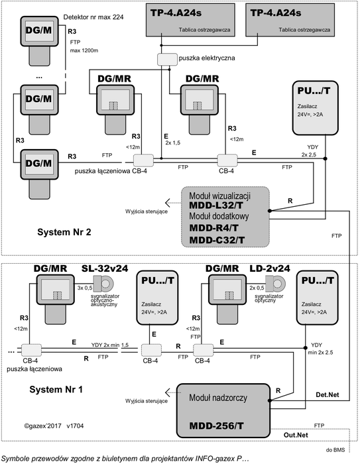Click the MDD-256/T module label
pyautogui.click(x=216, y=426)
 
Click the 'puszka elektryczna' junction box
pyautogui.click(x=167, y=59)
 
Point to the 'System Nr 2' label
pyautogui.click(x=64, y=232)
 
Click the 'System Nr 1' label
pyautogui.click(x=56, y=390)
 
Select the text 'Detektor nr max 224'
pyautogui.click(x=93, y=17)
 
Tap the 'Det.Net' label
pyautogui.click(x=327, y=395)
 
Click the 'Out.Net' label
pyautogui.click(x=296, y=435)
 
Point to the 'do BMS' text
pyautogui.click(x=335, y=450)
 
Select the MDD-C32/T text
pyautogui.click(x=217, y=240)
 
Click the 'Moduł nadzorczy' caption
pyautogui.click(x=218, y=398)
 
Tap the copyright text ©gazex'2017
pyautogui.click(x=43, y=426)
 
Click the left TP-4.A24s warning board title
pyautogui.click(x=176, y=13)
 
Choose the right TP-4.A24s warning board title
pyautogui.click(x=276, y=13)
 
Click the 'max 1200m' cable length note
pyautogui.click(x=84, y=50)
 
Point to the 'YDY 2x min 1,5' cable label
pyautogui.click(x=110, y=345)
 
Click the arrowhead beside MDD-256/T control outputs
pyautogui.click(x=168, y=393)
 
